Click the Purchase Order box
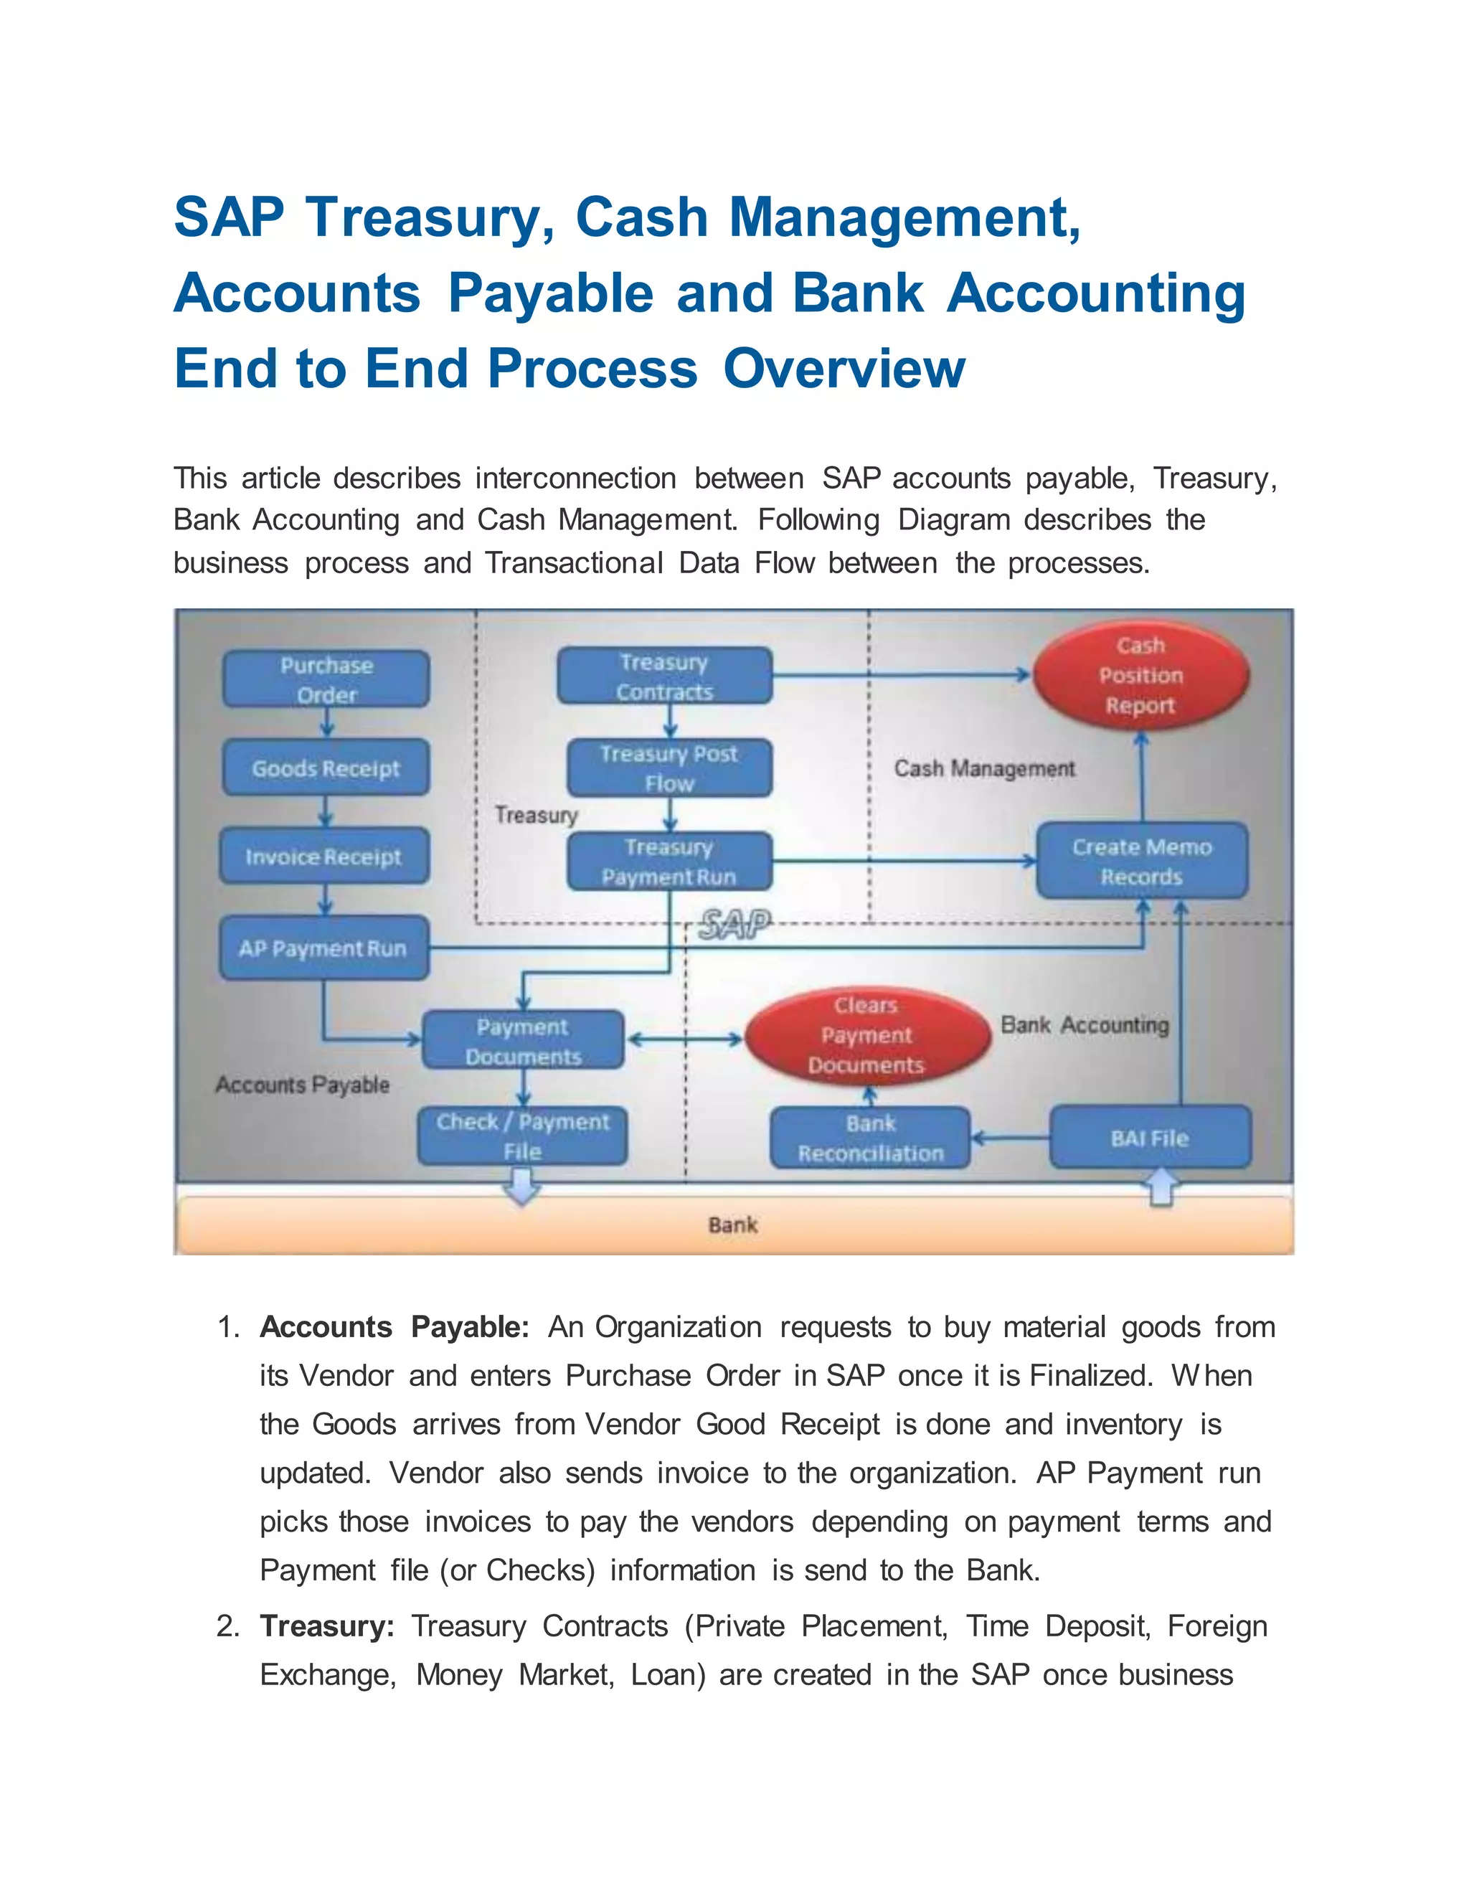(326, 679)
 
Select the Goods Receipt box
(326, 768)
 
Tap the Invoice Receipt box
(323, 857)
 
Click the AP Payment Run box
(323, 948)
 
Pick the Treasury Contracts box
(664, 676)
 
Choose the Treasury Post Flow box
(669, 768)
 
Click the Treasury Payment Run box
(669, 862)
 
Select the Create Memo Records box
(1141, 861)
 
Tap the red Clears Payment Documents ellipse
(866, 1035)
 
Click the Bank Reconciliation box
(870, 1138)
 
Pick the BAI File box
(1149, 1138)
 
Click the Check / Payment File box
(522, 1136)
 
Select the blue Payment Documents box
(522, 1041)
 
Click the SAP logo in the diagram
(734, 925)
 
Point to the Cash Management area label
(984, 768)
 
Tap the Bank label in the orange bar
(733, 1225)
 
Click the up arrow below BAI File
(1162, 1187)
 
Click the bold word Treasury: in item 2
(327, 1626)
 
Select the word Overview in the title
(844, 369)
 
